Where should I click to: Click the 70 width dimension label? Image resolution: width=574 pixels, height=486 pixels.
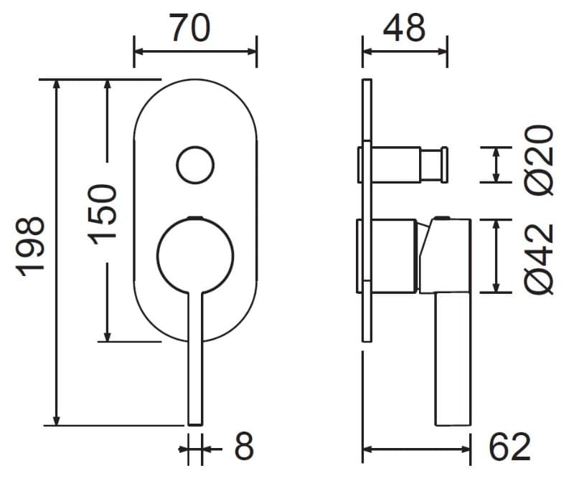[x=190, y=27]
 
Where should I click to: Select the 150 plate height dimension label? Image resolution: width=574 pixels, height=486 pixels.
[x=102, y=214]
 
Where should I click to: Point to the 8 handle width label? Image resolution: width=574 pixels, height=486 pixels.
[x=244, y=446]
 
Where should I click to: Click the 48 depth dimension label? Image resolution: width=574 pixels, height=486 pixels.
[x=405, y=27]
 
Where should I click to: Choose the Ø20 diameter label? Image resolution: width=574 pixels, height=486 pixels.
[x=539, y=160]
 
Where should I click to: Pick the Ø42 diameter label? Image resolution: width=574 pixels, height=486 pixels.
[x=539, y=259]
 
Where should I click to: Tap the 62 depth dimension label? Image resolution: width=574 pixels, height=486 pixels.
[x=510, y=447]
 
